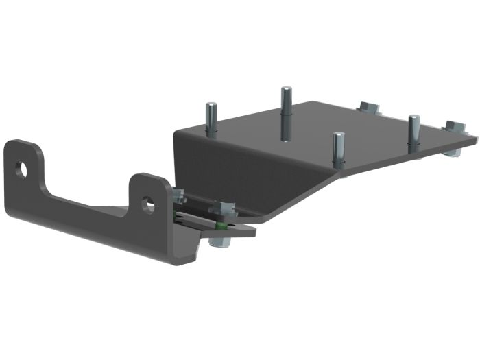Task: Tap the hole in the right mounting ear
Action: point(148,203)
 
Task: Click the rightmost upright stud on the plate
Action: point(413,132)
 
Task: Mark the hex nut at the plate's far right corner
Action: point(454,128)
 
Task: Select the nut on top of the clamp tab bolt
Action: point(221,208)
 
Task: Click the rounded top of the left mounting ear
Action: point(21,144)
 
